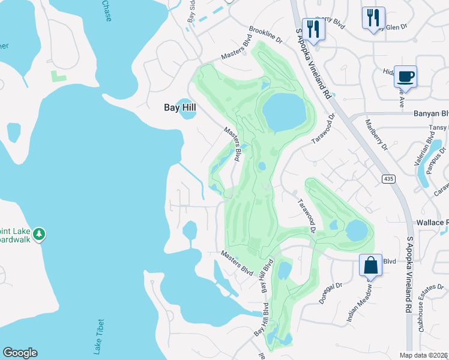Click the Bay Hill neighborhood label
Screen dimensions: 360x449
[x=181, y=107]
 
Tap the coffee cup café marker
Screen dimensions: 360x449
[x=405, y=77]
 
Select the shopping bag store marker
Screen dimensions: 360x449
[x=371, y=265]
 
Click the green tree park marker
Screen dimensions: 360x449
[x=39, y=233]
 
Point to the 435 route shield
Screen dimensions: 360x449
[x=389, y=178]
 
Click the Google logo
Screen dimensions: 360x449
[x=20, y=353]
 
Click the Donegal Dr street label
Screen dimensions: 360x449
[x=330, y=293]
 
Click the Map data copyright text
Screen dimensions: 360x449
[x=424, y=355]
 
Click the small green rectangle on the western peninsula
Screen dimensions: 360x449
[x=58, y=76]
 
